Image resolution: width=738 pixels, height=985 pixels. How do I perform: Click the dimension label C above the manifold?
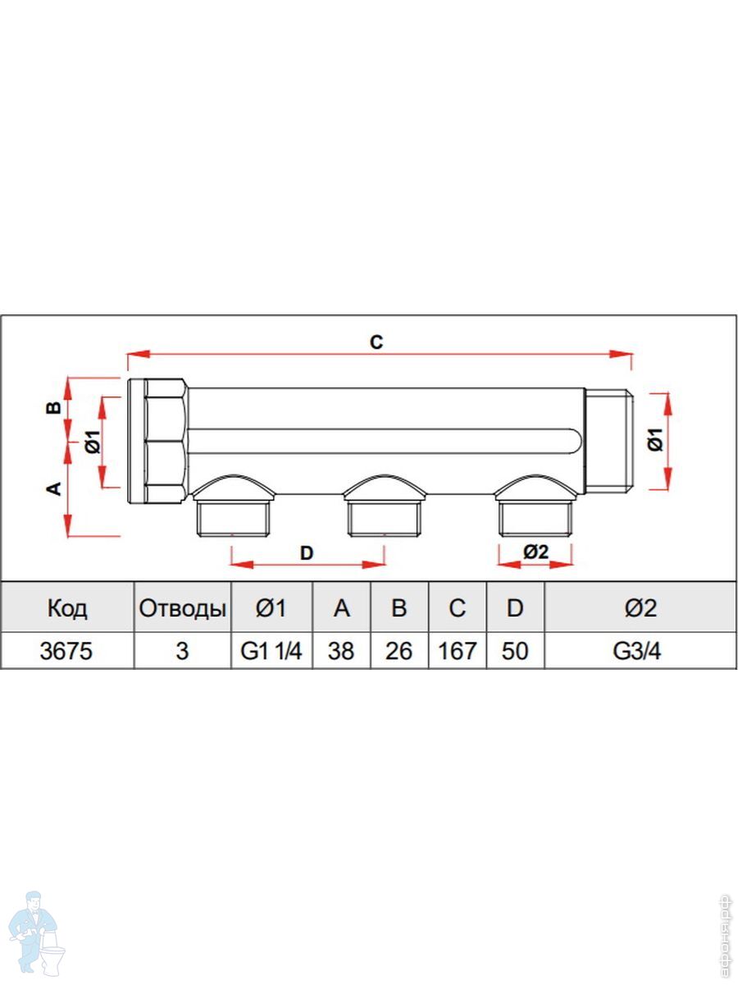click(376, 342)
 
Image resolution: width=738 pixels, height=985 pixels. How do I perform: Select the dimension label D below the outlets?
click(307, 553)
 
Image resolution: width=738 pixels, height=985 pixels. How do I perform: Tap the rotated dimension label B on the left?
click(54, 407)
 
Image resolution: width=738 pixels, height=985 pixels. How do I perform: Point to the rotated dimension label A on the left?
click(54, 488)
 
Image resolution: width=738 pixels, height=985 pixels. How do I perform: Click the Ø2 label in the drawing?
click(536, 552)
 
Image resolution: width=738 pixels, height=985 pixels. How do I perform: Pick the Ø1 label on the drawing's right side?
click(657, 440)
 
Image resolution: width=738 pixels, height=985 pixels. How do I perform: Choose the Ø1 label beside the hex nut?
click(93, 442)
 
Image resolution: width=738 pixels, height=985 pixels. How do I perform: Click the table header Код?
click(67, 608)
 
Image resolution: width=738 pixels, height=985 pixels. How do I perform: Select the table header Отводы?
click(182, 609)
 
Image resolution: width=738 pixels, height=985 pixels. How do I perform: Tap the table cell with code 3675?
click(66, 651)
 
